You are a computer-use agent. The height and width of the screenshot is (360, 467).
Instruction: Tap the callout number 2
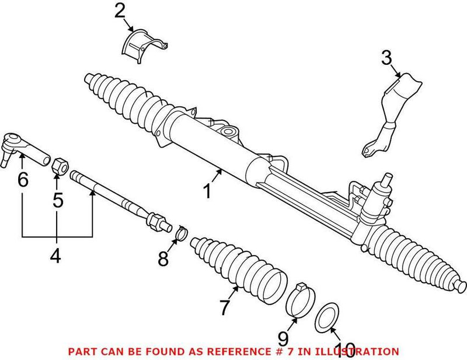pyautogui.click(x=120, y=10)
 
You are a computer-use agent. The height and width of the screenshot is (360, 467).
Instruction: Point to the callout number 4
pyautogui.click(x=55, y=255)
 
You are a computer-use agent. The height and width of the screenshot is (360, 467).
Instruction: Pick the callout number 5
pyautogui.click(x=57, y=200)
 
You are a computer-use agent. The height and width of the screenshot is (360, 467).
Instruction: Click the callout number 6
pyautogui.click(x=22, y=179)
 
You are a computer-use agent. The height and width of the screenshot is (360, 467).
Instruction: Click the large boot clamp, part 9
pyautogui.click(x=299, y=301)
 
